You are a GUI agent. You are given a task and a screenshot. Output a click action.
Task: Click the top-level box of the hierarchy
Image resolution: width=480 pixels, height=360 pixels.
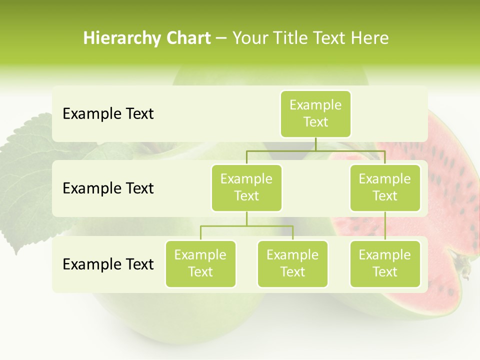pos(315,113)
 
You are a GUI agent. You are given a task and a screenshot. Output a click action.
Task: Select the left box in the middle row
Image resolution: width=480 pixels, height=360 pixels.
pos(246,187)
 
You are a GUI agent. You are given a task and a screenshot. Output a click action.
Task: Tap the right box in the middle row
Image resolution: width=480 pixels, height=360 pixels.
pos(385,187)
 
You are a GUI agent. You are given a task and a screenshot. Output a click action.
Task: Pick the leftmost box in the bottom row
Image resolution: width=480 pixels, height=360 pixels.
pos(200,263)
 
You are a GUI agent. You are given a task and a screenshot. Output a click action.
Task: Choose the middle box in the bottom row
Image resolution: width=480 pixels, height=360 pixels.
pos(292,263)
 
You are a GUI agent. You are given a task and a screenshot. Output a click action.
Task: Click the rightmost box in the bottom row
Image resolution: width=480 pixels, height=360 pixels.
pos(385,263)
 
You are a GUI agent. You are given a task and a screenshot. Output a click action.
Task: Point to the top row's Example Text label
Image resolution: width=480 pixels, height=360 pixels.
pos(108,114)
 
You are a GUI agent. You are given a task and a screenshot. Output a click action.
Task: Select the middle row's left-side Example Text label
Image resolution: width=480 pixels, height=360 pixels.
pos(108,188)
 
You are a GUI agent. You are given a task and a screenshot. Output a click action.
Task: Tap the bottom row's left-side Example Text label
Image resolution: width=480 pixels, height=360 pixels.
pos(108,264)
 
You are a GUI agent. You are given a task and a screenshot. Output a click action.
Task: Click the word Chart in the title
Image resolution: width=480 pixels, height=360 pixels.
pos(185,38)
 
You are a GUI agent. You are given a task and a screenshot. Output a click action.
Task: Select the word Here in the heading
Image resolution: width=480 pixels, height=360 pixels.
pos(370,38)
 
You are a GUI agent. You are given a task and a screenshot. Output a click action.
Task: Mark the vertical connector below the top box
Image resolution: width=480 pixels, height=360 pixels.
pos(315,143)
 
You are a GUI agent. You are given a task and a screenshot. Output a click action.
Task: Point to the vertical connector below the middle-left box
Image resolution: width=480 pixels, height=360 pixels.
pos(246,218)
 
